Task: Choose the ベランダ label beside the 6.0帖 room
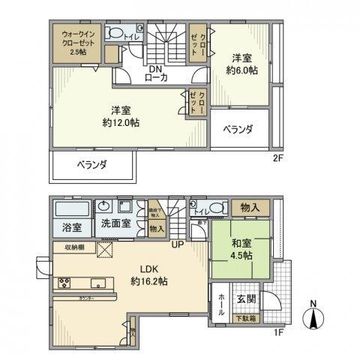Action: pyautogui.click(x=236, y=130)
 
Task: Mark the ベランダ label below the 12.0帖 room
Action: pyautogui.click(x=92, y=164)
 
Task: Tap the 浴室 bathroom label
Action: pyautogui.click(x=61, y=225)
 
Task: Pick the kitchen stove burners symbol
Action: pyautogui.click(x=62, y=283)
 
